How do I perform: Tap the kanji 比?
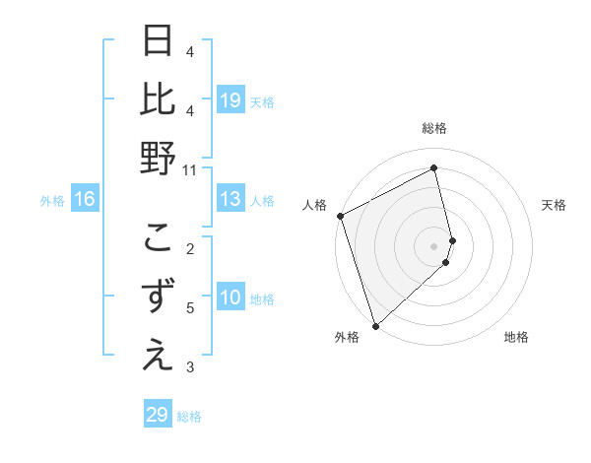pyautogui.click(x=158, y=101)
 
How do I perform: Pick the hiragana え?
pyautogui.click(x=158, y=356)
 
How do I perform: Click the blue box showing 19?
pyautogui.click(x=230, y=100)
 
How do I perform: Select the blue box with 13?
pyautogui.click(x=230, y=200)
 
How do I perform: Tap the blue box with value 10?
pyautogui.click(x=230, y=298)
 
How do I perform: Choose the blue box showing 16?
pyautogui.click(x=85, y=200)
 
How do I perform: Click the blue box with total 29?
pyautogui.click(x=157, y=415)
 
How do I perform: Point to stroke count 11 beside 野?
pyautogui.click(x=190, y=170)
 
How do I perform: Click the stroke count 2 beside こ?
pyautogui.click(x=190, y=248)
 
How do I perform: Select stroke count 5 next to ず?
pyautogui.click(x=190, y=308)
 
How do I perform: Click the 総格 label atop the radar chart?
pyautogui.click(x=434, y=128)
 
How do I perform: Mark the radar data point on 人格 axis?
pyautogui.click(x=340, y=216)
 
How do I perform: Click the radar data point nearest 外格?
pyautogui.click(x=375, y=325)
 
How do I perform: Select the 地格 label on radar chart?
pyautogui.click(x=516, y=338)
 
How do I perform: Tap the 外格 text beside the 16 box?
pyautogui.click(x=52, y=201)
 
